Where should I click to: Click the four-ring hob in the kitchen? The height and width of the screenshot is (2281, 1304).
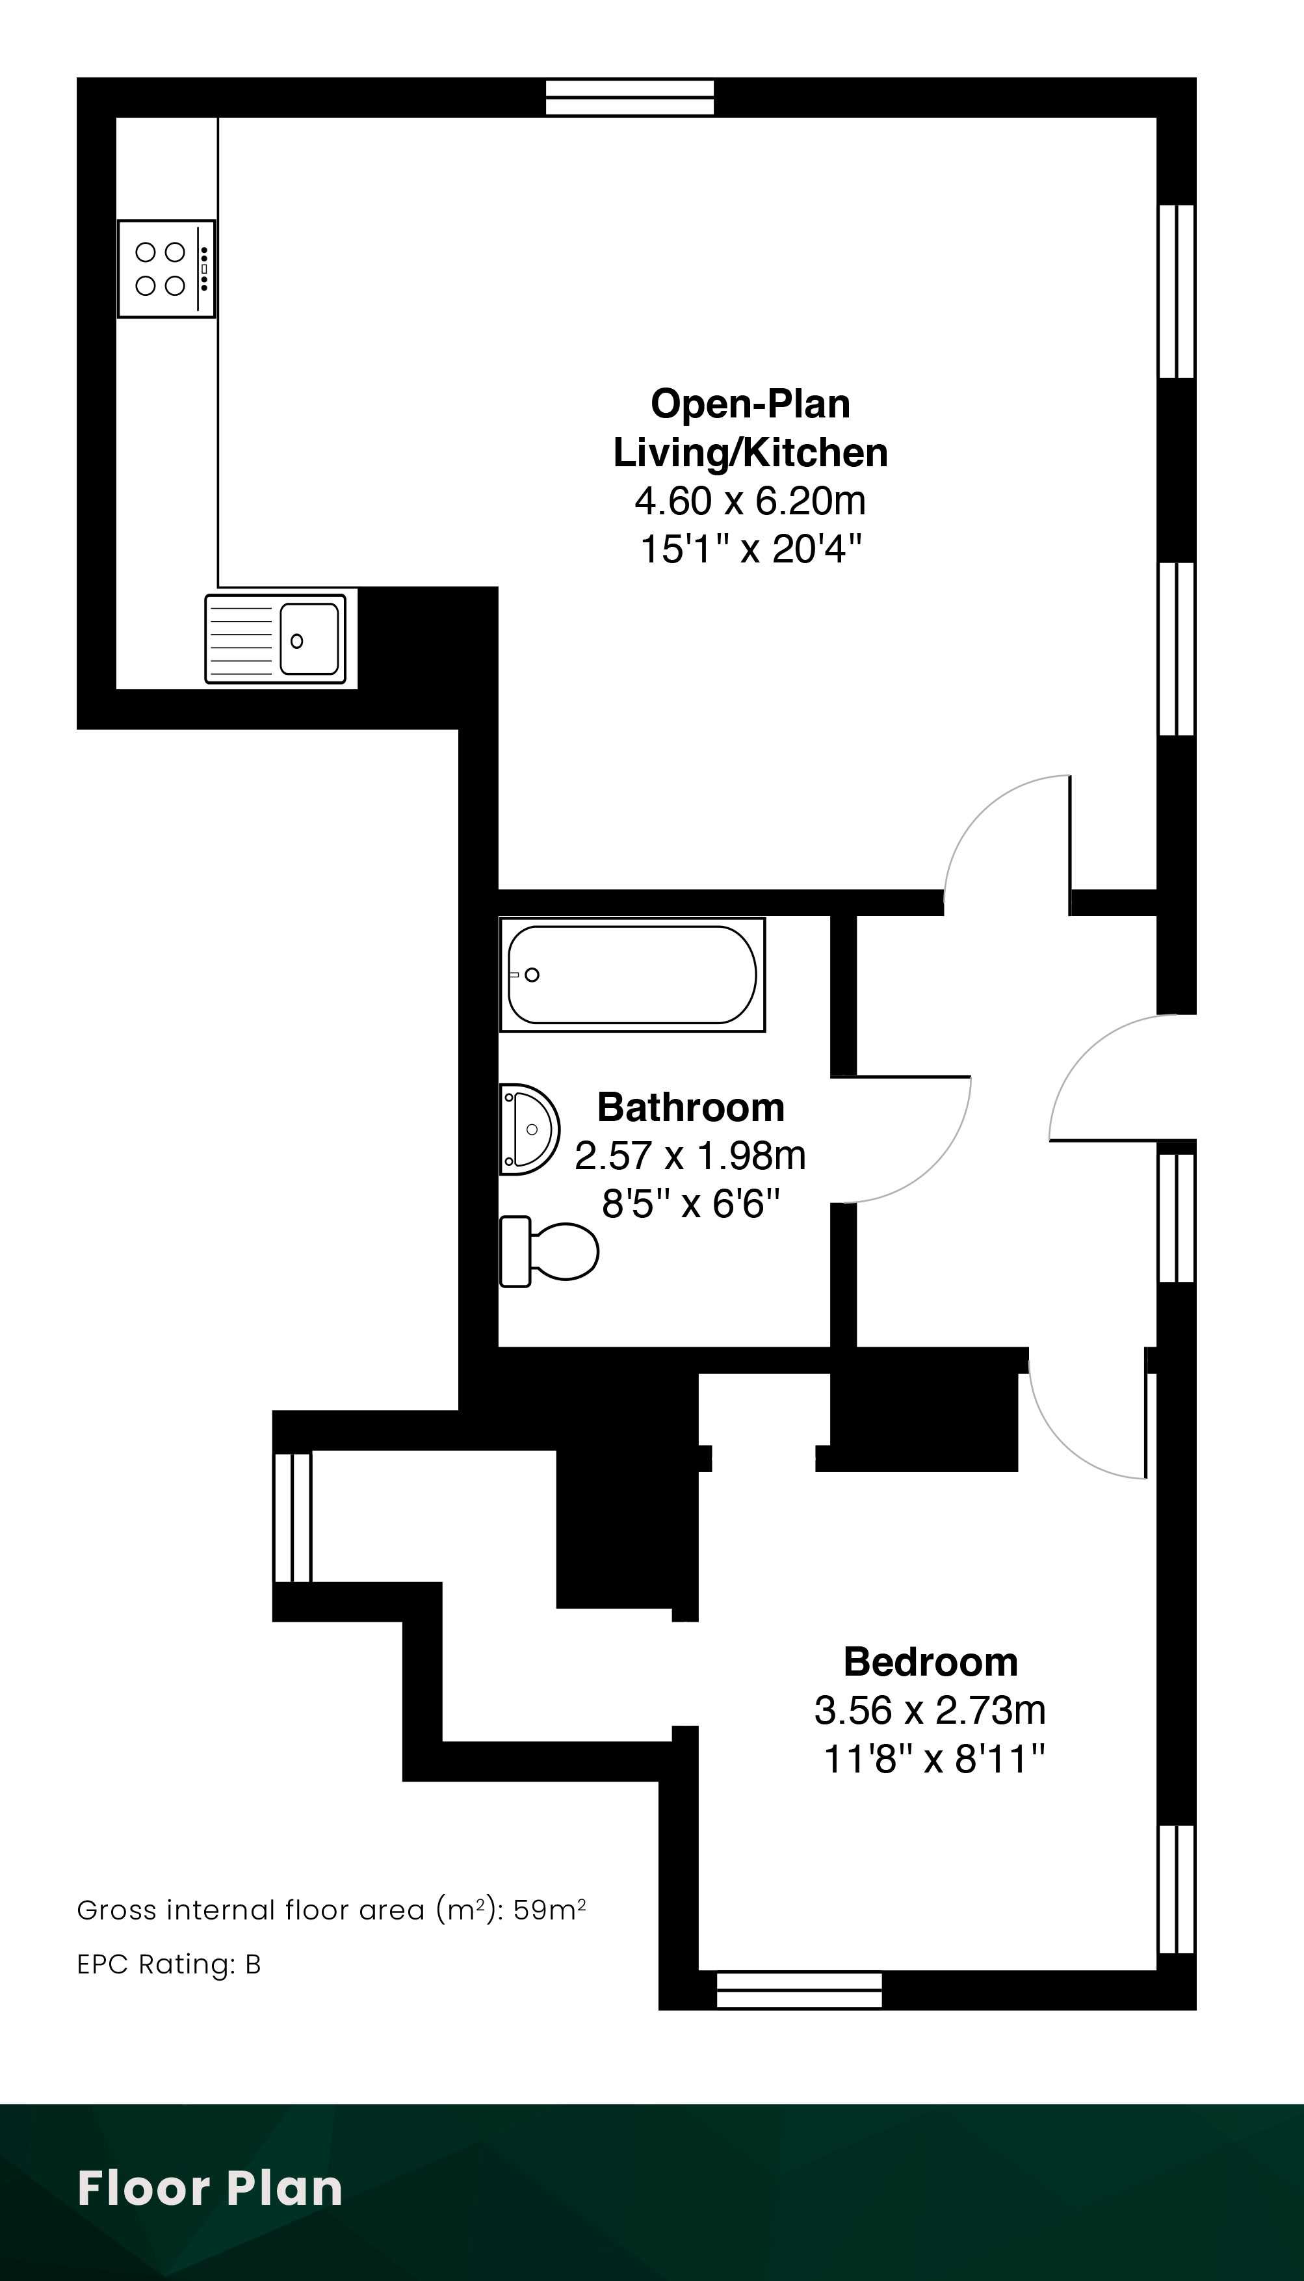point(166,269)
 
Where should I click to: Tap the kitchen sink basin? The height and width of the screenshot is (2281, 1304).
point(309,639)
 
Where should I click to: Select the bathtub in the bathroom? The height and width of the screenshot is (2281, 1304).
point(632,975)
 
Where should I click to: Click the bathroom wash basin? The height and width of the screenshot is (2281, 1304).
point(529,1129)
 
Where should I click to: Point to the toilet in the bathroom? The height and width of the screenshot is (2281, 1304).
point(548,1251)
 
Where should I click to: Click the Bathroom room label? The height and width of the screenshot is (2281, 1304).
point(690,1108)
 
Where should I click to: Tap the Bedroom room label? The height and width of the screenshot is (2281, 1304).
point(930,1662)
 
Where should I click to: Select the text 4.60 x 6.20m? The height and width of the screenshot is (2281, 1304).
point(751,501)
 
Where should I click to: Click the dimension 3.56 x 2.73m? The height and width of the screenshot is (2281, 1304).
point(930,1711)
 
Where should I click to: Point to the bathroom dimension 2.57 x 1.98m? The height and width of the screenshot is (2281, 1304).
point(690,1156)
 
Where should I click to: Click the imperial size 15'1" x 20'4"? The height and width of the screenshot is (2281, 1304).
point(751,549)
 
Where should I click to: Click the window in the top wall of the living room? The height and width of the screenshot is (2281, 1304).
point(631,98)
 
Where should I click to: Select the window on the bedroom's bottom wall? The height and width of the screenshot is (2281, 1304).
point(800,1990)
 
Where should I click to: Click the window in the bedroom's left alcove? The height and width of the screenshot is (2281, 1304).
point(292,1517)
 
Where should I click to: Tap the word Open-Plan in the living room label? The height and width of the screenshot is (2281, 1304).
point(751,404)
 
